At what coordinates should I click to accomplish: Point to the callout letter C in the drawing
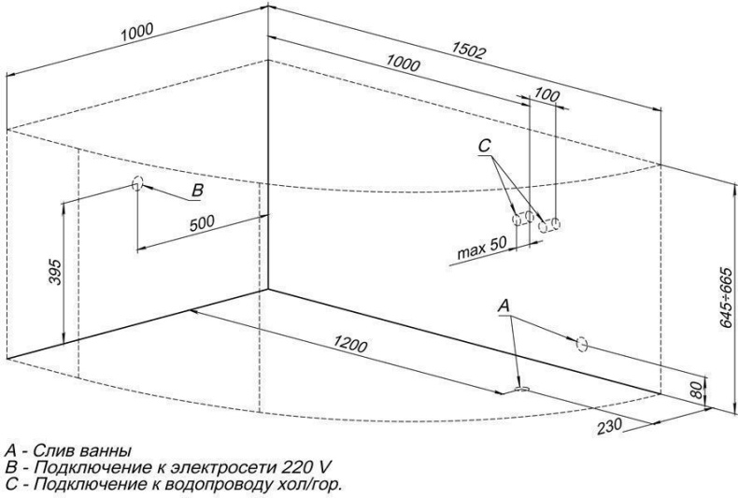click(x=485, y=146)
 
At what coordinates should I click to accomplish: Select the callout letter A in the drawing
click(x=504, y=305)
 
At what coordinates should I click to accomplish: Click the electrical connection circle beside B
click(x=137, y=183)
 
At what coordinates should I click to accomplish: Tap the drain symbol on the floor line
click(x=522, y=386)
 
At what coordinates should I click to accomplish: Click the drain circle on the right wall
click(x=580, y=344)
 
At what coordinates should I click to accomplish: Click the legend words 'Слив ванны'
click(x=78, y=453)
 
